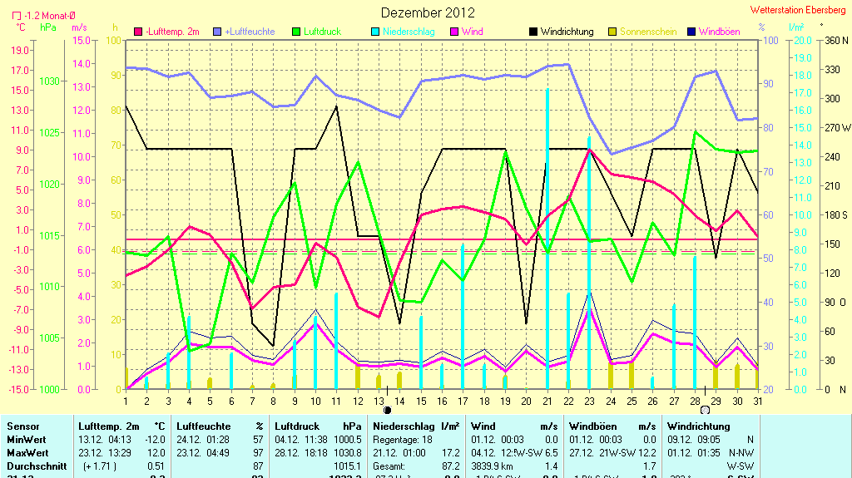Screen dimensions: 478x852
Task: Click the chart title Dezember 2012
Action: [428, 12]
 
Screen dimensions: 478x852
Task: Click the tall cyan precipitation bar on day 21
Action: [547, 238]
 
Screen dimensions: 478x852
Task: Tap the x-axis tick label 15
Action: [421, 402]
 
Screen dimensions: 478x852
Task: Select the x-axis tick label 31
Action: [757, 402]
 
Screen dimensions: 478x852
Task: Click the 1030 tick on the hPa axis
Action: [49, 81]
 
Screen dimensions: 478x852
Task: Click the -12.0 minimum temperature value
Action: [156, 440]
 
